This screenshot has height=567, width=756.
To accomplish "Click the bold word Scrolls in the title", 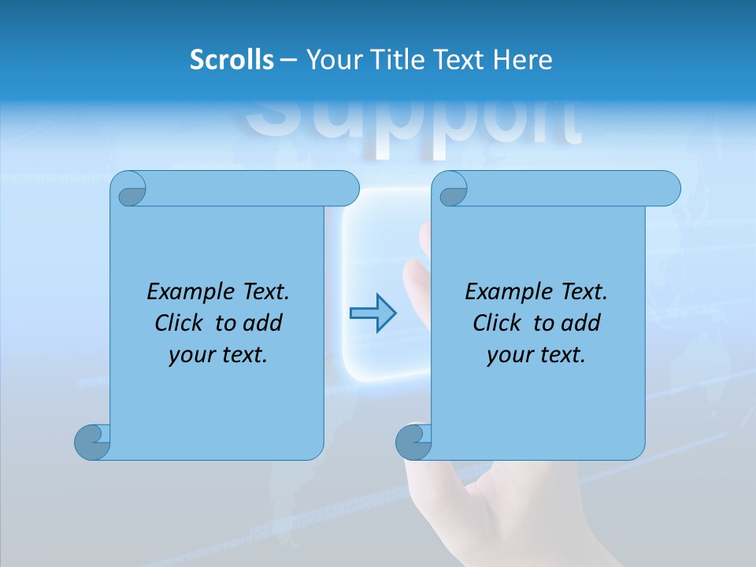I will [232, 60].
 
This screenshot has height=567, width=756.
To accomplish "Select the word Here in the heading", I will [522, 60].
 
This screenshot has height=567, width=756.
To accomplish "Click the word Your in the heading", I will [333, 60].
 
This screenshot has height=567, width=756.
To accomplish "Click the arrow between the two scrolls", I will [372, 313].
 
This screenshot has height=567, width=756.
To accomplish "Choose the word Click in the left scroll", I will [180, 323].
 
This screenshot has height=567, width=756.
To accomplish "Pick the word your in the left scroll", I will [190, 355].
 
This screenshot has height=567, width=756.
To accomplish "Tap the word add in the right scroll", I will [580, 323].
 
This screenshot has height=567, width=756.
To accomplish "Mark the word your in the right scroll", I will [508, 355].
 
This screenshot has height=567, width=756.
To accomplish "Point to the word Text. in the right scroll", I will [584, 292].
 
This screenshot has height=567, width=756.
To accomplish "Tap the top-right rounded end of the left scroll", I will [346, 188].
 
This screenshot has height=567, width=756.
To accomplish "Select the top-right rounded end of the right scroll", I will [668, 188].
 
